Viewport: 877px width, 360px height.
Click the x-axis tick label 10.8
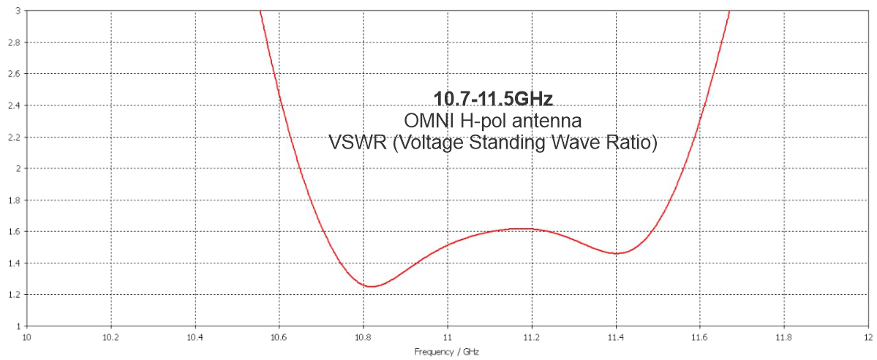click(x=363, y=337)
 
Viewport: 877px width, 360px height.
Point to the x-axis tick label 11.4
click(x=615, y=337)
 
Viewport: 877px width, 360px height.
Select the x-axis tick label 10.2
click(x=110, y=337)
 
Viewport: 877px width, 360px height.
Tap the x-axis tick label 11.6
click(x=699, y=337)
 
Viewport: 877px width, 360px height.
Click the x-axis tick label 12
click(x=867, y=337)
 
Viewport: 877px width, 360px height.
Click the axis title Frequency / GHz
click(x=447, y=352)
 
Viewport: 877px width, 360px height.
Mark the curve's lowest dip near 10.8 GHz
click(x=372, y=286)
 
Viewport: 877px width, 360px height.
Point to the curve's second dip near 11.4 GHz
click(x=617, y=253)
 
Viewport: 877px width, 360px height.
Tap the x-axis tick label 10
click(x=27, y=337)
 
